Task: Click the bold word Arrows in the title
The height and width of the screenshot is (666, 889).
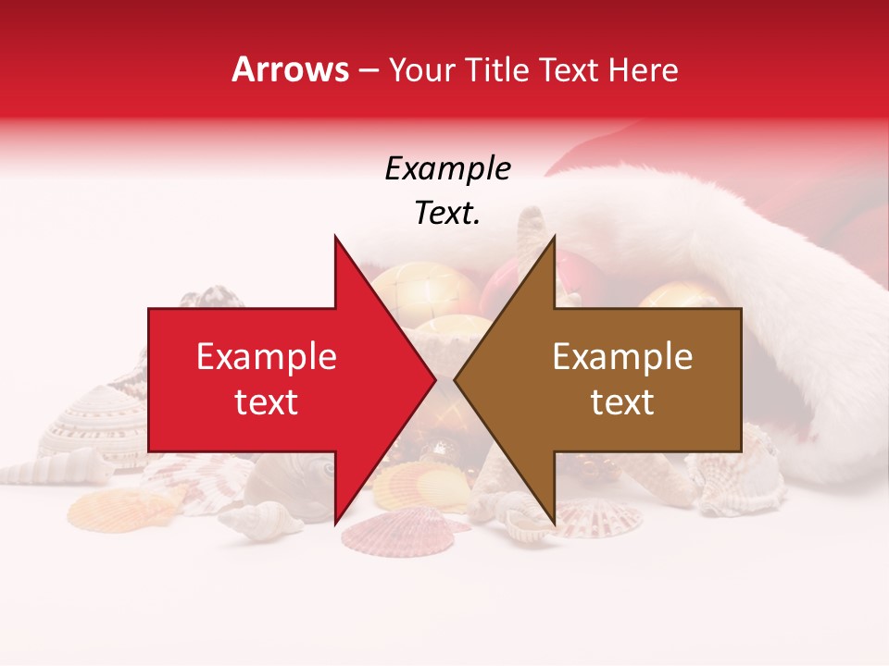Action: point(291,69)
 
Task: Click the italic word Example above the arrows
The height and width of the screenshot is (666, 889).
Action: point(447,169)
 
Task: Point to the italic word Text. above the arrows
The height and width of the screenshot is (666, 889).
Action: point(447,213)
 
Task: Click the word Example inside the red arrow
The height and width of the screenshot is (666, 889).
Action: point(267,357)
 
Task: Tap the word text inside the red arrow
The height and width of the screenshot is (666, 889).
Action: point(267,402)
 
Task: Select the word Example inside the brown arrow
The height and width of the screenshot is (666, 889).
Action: point(622,357)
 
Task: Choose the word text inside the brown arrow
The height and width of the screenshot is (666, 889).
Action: point(622,402)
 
